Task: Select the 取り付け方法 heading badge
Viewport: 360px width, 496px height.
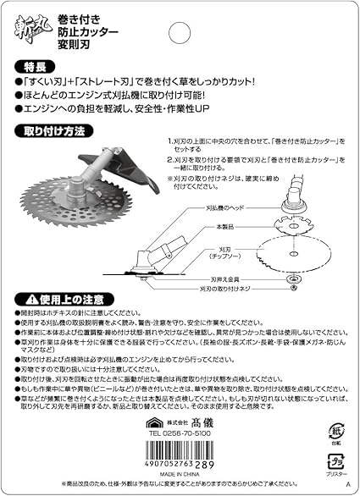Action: (x=51, y=131)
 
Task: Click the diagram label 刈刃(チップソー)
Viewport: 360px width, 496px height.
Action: (x=229, y=253)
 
